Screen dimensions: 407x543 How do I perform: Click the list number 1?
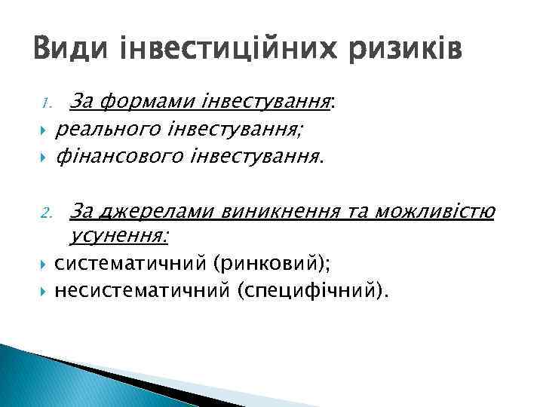click(x=44, y=103)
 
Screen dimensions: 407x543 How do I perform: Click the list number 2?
click(x=44, y=216)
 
